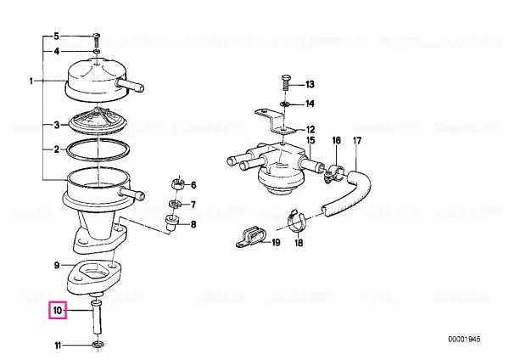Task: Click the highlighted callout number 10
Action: point(58,310)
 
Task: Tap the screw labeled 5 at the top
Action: point(97,40)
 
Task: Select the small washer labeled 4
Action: point(97,51)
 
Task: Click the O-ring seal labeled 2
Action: point(98,149)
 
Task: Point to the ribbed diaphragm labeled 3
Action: point(98,121)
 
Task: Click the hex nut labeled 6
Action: point(176,184)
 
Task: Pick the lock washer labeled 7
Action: point(174,204)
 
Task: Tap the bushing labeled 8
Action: point(171,222)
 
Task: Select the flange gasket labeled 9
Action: point(94,276)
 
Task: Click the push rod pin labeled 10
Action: point(97,317)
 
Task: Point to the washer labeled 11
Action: point(98,346)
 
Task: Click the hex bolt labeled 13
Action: point(287,82)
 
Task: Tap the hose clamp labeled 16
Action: point(333,174)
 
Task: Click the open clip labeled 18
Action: point(297,221)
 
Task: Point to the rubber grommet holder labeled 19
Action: point(250,238)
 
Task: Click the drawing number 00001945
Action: point(464,340)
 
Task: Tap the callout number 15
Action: point(310,141)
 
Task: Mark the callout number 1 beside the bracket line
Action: point(31,81)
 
